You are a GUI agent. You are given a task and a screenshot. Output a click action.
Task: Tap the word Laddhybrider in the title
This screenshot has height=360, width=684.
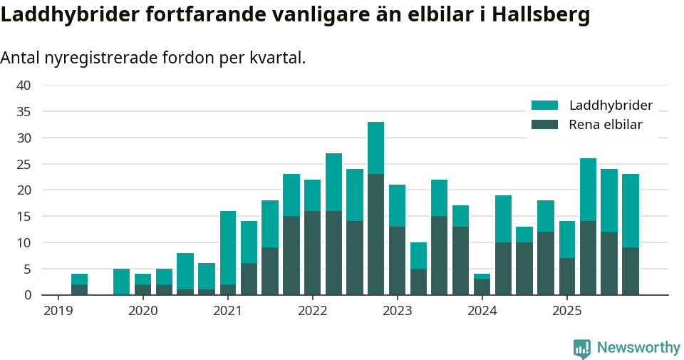tap(68, 14)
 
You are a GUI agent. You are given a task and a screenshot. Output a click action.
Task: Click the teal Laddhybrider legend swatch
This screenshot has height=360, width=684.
tap(545, 106)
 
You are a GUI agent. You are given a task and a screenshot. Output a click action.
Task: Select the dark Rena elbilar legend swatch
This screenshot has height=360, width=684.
tap(545, 125)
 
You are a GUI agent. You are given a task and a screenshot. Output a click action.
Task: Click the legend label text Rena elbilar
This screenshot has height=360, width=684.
tap(606, 125)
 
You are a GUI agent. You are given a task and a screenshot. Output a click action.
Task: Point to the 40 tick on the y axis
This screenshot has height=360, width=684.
tap(24, 86)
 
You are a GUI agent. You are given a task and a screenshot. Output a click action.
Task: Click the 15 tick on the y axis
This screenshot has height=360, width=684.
tap(24, 216)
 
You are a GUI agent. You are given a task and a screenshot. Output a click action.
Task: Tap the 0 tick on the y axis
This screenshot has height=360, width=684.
tap(27, 295)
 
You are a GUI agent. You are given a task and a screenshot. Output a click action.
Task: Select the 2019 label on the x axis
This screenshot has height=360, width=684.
tap(58, 311)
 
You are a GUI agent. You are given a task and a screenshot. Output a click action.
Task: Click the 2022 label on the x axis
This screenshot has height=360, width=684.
tap(312, 311)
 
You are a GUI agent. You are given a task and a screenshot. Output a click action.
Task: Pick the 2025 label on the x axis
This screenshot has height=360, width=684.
tap(566, 311)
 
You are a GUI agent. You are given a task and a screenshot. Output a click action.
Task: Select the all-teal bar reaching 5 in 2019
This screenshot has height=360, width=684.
tap(122, 282)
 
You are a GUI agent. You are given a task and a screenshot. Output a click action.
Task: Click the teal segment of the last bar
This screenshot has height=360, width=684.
tap(631, 210)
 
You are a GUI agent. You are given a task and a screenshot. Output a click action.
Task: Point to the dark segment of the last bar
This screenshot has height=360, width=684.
tap(631, 271)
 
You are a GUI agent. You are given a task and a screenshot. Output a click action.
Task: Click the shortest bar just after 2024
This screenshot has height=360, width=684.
tap(482, 285)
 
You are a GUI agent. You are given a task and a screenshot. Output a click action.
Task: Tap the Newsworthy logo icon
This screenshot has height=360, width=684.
tap(582, 348)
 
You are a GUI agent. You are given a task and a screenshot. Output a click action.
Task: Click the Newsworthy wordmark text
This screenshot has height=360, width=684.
tap(638, 348)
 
